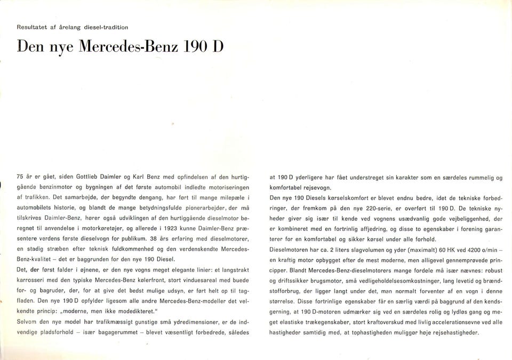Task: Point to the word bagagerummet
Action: click(114, 332)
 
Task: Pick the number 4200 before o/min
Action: click(467, 249)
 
